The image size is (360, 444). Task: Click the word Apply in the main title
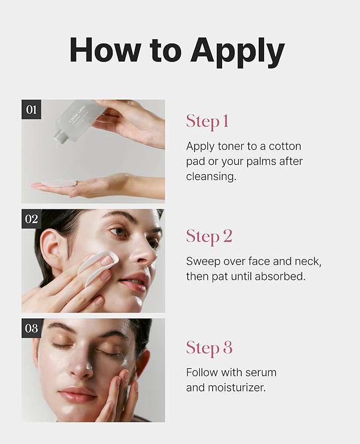pos(238,52)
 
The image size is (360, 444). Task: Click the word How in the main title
pos(104,50)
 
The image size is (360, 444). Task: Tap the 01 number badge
pos(31,109)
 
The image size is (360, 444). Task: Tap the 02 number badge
pos(31,219)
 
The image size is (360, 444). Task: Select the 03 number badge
pos(31,328)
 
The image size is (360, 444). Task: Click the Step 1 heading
pos(207,122)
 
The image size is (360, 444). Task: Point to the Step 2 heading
pos(209,237)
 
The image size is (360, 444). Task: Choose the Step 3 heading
pos(209,348)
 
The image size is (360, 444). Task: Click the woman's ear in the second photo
pos(51,248)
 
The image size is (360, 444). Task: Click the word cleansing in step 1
pos(211,176)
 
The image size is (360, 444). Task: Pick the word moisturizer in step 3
pos(237,388)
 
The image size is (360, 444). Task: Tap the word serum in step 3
pos(261,372)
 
